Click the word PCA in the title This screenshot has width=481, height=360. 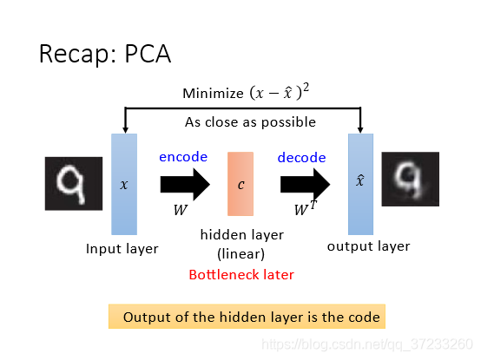click(148, 54)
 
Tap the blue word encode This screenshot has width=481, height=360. click(183, 157)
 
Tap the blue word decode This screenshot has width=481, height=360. click(301, 158)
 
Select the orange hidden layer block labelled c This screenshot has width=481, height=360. click(240, 184)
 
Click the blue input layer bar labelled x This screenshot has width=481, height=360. click(124, 184)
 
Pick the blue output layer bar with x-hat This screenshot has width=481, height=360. click(361, 184)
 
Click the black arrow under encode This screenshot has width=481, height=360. click(185, 185)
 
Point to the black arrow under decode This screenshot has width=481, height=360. click(306, 185)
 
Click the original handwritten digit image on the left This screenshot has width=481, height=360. click(74, 184)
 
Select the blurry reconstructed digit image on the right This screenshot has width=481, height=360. click(411, 179)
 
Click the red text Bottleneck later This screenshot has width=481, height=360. click(241, 275)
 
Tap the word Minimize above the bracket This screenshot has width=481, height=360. click(213, 94)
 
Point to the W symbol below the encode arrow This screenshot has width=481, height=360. click(181, 210)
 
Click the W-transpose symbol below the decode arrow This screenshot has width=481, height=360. click(306, 208)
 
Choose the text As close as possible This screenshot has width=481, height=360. click(250, 122)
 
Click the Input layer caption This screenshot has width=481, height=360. click(122, 249)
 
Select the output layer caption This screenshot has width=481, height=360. click(368, 246)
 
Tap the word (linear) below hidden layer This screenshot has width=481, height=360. click(240, 254)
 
